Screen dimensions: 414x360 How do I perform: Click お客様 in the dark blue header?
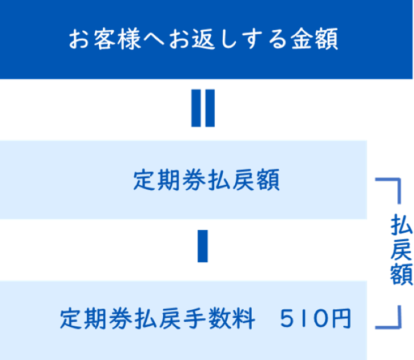pos(104,39)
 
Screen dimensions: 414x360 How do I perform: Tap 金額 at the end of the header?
pos(314,39)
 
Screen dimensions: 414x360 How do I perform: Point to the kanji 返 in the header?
pos(203,39)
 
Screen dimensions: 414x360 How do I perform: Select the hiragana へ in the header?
pos(154,39)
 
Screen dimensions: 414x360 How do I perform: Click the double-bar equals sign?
pos(203,108)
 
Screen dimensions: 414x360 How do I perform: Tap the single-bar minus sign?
pos(203,246)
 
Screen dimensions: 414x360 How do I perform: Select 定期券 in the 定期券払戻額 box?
pos(169,179)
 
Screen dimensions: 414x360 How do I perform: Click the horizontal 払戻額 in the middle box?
pos(243,179)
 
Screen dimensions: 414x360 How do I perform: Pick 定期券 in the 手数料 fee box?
pos(96,318)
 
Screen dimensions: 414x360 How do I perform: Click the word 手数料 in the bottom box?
pos(219,318)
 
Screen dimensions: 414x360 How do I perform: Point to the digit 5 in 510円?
pos(287,318)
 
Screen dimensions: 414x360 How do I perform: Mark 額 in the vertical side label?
pos(401,274)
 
